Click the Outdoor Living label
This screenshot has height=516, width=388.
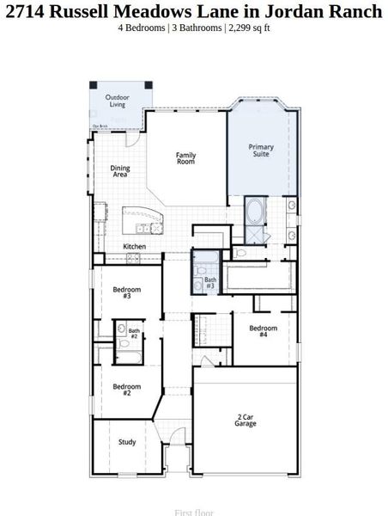[x=118, y=101]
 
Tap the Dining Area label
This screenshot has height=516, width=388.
[x=120, y=171]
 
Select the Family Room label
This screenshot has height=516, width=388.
[x=186, y=158]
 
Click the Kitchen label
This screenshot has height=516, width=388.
[x=135, y=247]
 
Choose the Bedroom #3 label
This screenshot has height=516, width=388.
[x=126, y=292]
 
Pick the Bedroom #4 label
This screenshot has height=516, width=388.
[x=264, y=331]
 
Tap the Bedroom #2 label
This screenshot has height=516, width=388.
[x=126, y=390]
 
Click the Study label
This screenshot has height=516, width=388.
[x=127, y=442]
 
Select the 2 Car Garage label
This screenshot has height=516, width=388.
[x=246, y=421]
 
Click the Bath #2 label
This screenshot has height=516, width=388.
[x=134, y=333]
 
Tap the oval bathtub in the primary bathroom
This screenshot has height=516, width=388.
[x=256, y=210]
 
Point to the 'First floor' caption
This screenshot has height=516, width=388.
[x=194, y=513]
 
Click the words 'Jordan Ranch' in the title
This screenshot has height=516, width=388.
[x=334, y=10]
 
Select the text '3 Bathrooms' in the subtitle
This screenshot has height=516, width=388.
[x=197, y=28]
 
